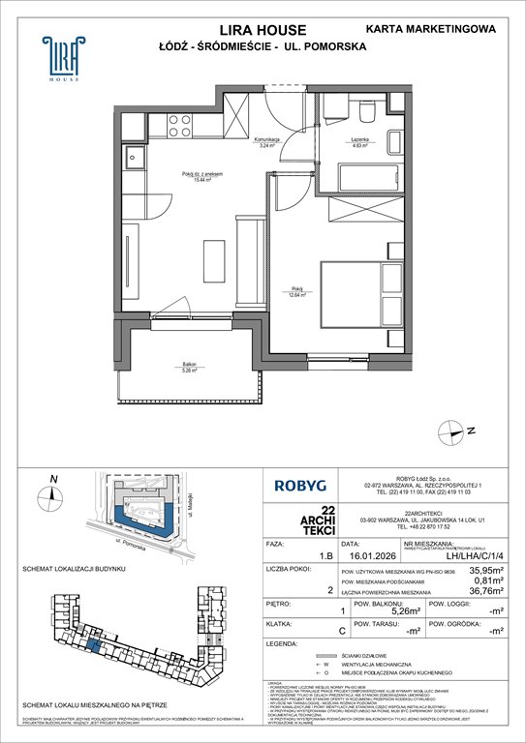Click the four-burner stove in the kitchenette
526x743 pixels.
(181, 124)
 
